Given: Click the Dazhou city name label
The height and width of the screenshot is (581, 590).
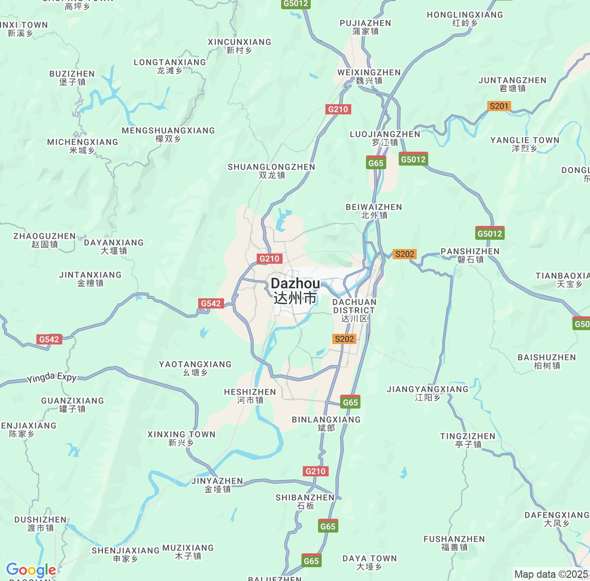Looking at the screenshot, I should (295, 290).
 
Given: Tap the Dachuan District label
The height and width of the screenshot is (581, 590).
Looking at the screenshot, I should (354, 310).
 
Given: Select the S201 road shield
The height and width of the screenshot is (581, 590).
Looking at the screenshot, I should (499, 106).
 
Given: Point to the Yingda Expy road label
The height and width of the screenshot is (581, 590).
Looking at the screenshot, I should (52, 377).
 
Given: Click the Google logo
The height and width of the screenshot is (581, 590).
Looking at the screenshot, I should (31, 570).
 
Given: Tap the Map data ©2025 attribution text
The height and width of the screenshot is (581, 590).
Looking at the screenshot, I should (551, 574).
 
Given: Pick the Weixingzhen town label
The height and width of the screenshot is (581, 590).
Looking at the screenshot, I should (369, 76).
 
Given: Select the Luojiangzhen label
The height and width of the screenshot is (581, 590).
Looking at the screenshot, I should (385, 138).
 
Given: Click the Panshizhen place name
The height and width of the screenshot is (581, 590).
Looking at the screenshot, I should (470, 255).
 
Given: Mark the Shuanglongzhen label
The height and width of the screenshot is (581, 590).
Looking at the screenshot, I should (271, 171).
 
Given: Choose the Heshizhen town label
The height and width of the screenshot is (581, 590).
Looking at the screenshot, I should (250, 396).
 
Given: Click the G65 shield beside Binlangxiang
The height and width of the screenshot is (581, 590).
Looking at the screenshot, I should (350, 402).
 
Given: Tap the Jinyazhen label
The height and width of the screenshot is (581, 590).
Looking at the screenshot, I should (217, 485).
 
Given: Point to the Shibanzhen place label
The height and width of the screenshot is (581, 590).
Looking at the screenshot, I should (305, 501).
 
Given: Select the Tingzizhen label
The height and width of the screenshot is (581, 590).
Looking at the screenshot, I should (468, 440).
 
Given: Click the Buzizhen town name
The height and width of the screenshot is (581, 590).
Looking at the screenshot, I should (72, 77).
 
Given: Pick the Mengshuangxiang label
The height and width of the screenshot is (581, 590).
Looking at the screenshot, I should (168, 134).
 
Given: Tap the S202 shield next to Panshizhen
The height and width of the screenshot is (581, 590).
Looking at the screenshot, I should (404, 254).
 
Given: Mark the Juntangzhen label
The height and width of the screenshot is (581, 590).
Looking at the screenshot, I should (512, 84).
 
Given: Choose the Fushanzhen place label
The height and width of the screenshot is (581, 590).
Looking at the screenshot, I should (454, 543).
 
